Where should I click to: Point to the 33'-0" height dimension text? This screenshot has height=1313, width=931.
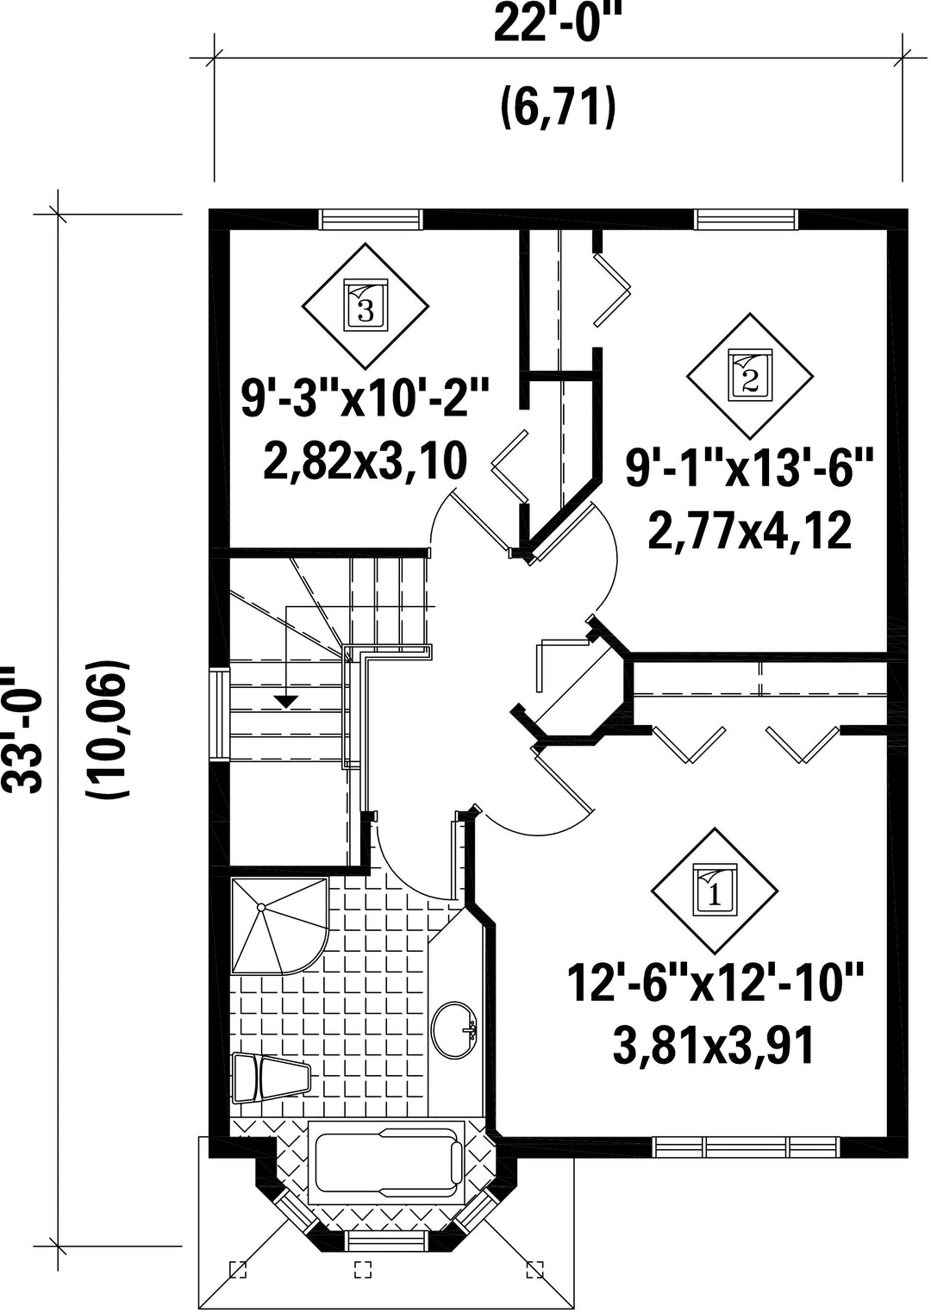[x=23, y=729]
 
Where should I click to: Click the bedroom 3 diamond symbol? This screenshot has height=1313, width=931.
[x=365, y=306]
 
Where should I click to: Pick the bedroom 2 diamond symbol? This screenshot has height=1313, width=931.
[x=750, y=377]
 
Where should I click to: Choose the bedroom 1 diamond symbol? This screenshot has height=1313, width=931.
[x=715, y=891]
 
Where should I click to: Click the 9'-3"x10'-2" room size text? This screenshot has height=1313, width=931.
[x=364, y=398]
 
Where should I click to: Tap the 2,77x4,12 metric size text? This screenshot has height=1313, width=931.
[x=750, y=531]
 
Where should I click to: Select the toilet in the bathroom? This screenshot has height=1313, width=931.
[x=271, y=1079]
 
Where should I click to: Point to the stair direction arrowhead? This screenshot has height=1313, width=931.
[x=286, y=700]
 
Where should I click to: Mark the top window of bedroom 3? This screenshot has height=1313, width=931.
[x=371, y=219]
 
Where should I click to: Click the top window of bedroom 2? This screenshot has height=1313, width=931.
[x=746, y=219]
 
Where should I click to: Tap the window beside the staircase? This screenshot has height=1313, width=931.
[x=220, y=715]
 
